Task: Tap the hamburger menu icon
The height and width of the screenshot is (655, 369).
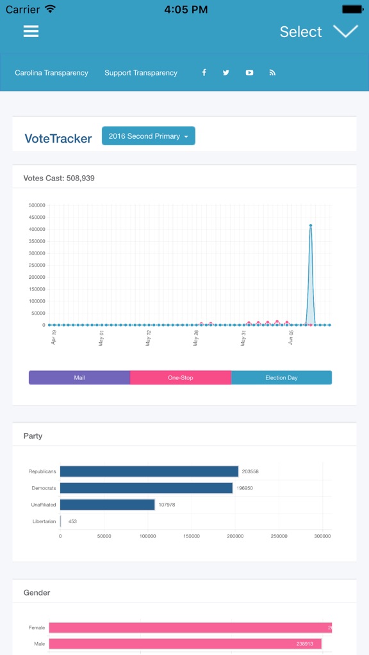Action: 31,31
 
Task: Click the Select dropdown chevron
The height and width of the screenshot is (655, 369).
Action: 345,31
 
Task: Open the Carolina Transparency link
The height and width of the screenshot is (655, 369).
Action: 51,73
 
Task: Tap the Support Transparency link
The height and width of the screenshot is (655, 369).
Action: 141,73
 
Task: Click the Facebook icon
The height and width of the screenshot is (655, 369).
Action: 204,73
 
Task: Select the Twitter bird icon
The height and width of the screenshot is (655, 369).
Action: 226,73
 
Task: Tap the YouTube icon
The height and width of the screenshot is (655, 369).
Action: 249,73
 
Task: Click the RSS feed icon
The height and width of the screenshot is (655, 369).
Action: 272,73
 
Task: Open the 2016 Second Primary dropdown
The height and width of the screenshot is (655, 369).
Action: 148,136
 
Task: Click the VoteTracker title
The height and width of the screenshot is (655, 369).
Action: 58,138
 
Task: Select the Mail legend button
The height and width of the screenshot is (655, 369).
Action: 79,378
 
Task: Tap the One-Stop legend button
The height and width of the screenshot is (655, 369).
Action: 181,378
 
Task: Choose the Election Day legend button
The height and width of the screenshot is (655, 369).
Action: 281,378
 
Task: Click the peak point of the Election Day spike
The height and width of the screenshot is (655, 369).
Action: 311,225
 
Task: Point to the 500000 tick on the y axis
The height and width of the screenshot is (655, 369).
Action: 37,205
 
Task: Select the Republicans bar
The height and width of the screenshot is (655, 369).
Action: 149,471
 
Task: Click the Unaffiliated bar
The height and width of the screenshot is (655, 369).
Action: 107,505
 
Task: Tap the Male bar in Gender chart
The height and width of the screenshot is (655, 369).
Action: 184,643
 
